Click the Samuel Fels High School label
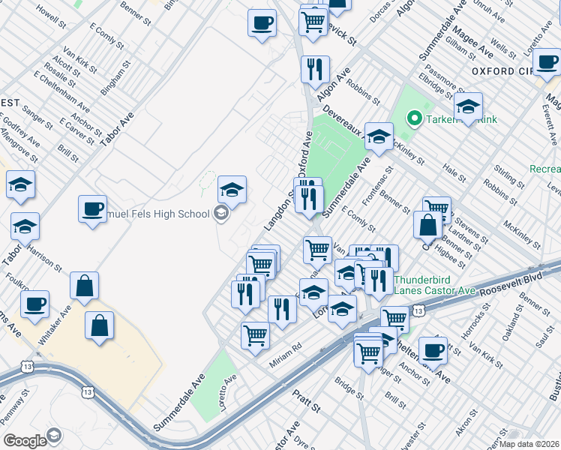point(150,214)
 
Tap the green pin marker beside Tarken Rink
point(412,118)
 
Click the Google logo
point(24,440)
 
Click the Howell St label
point(46,15)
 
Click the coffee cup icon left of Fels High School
point(92,208)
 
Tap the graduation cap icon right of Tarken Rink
point(468,107)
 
